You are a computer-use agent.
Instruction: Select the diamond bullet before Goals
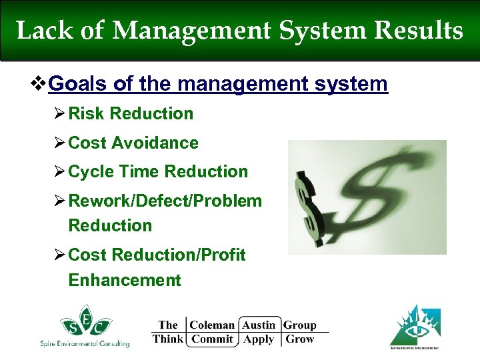(40, 84)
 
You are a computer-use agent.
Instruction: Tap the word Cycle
(90, 171)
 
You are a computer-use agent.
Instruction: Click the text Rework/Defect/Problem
(165, 201)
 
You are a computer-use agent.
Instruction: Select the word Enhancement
(124, 280)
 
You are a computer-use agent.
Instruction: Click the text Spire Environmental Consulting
(85, 343)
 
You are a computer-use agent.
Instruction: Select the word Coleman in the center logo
(212, 325)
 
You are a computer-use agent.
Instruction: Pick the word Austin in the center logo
(259, 325)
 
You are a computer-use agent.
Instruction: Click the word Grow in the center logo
(299, 339)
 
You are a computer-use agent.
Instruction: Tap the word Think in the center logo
(167, 339)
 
